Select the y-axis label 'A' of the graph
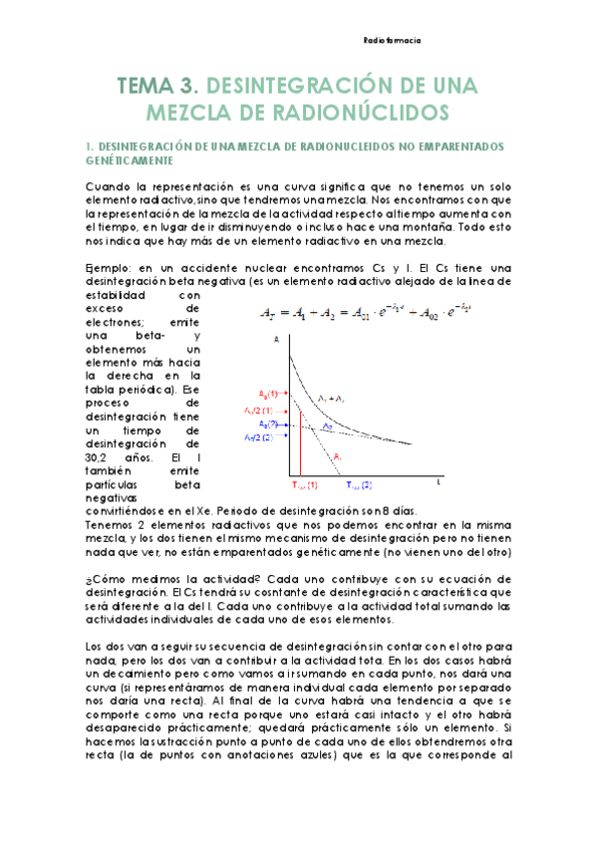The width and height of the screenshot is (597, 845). [x=275, y=339]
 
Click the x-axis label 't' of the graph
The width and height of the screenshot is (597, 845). [x=441, y=480]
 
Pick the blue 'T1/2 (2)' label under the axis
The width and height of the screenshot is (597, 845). [x=359, y=485]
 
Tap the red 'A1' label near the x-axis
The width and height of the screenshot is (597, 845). [x=338, y=455]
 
